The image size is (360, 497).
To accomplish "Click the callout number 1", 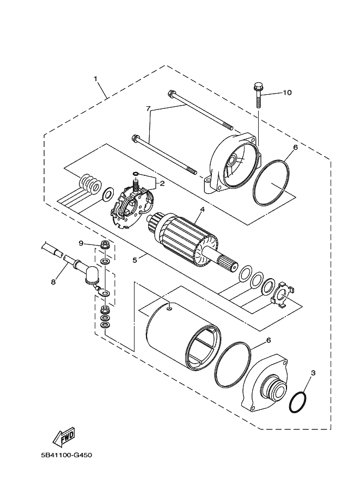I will [x=96, y=79].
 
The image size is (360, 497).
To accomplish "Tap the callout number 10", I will [x=287, y=93].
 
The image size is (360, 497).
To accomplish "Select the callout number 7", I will [x=148, y=108].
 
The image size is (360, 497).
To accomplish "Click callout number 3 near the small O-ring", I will [x=313, y=373].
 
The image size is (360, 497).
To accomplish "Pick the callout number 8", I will [x=53, y=282].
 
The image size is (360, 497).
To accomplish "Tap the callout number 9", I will [x=81, y=243].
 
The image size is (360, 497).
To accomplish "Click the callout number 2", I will [x=161, y=183].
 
